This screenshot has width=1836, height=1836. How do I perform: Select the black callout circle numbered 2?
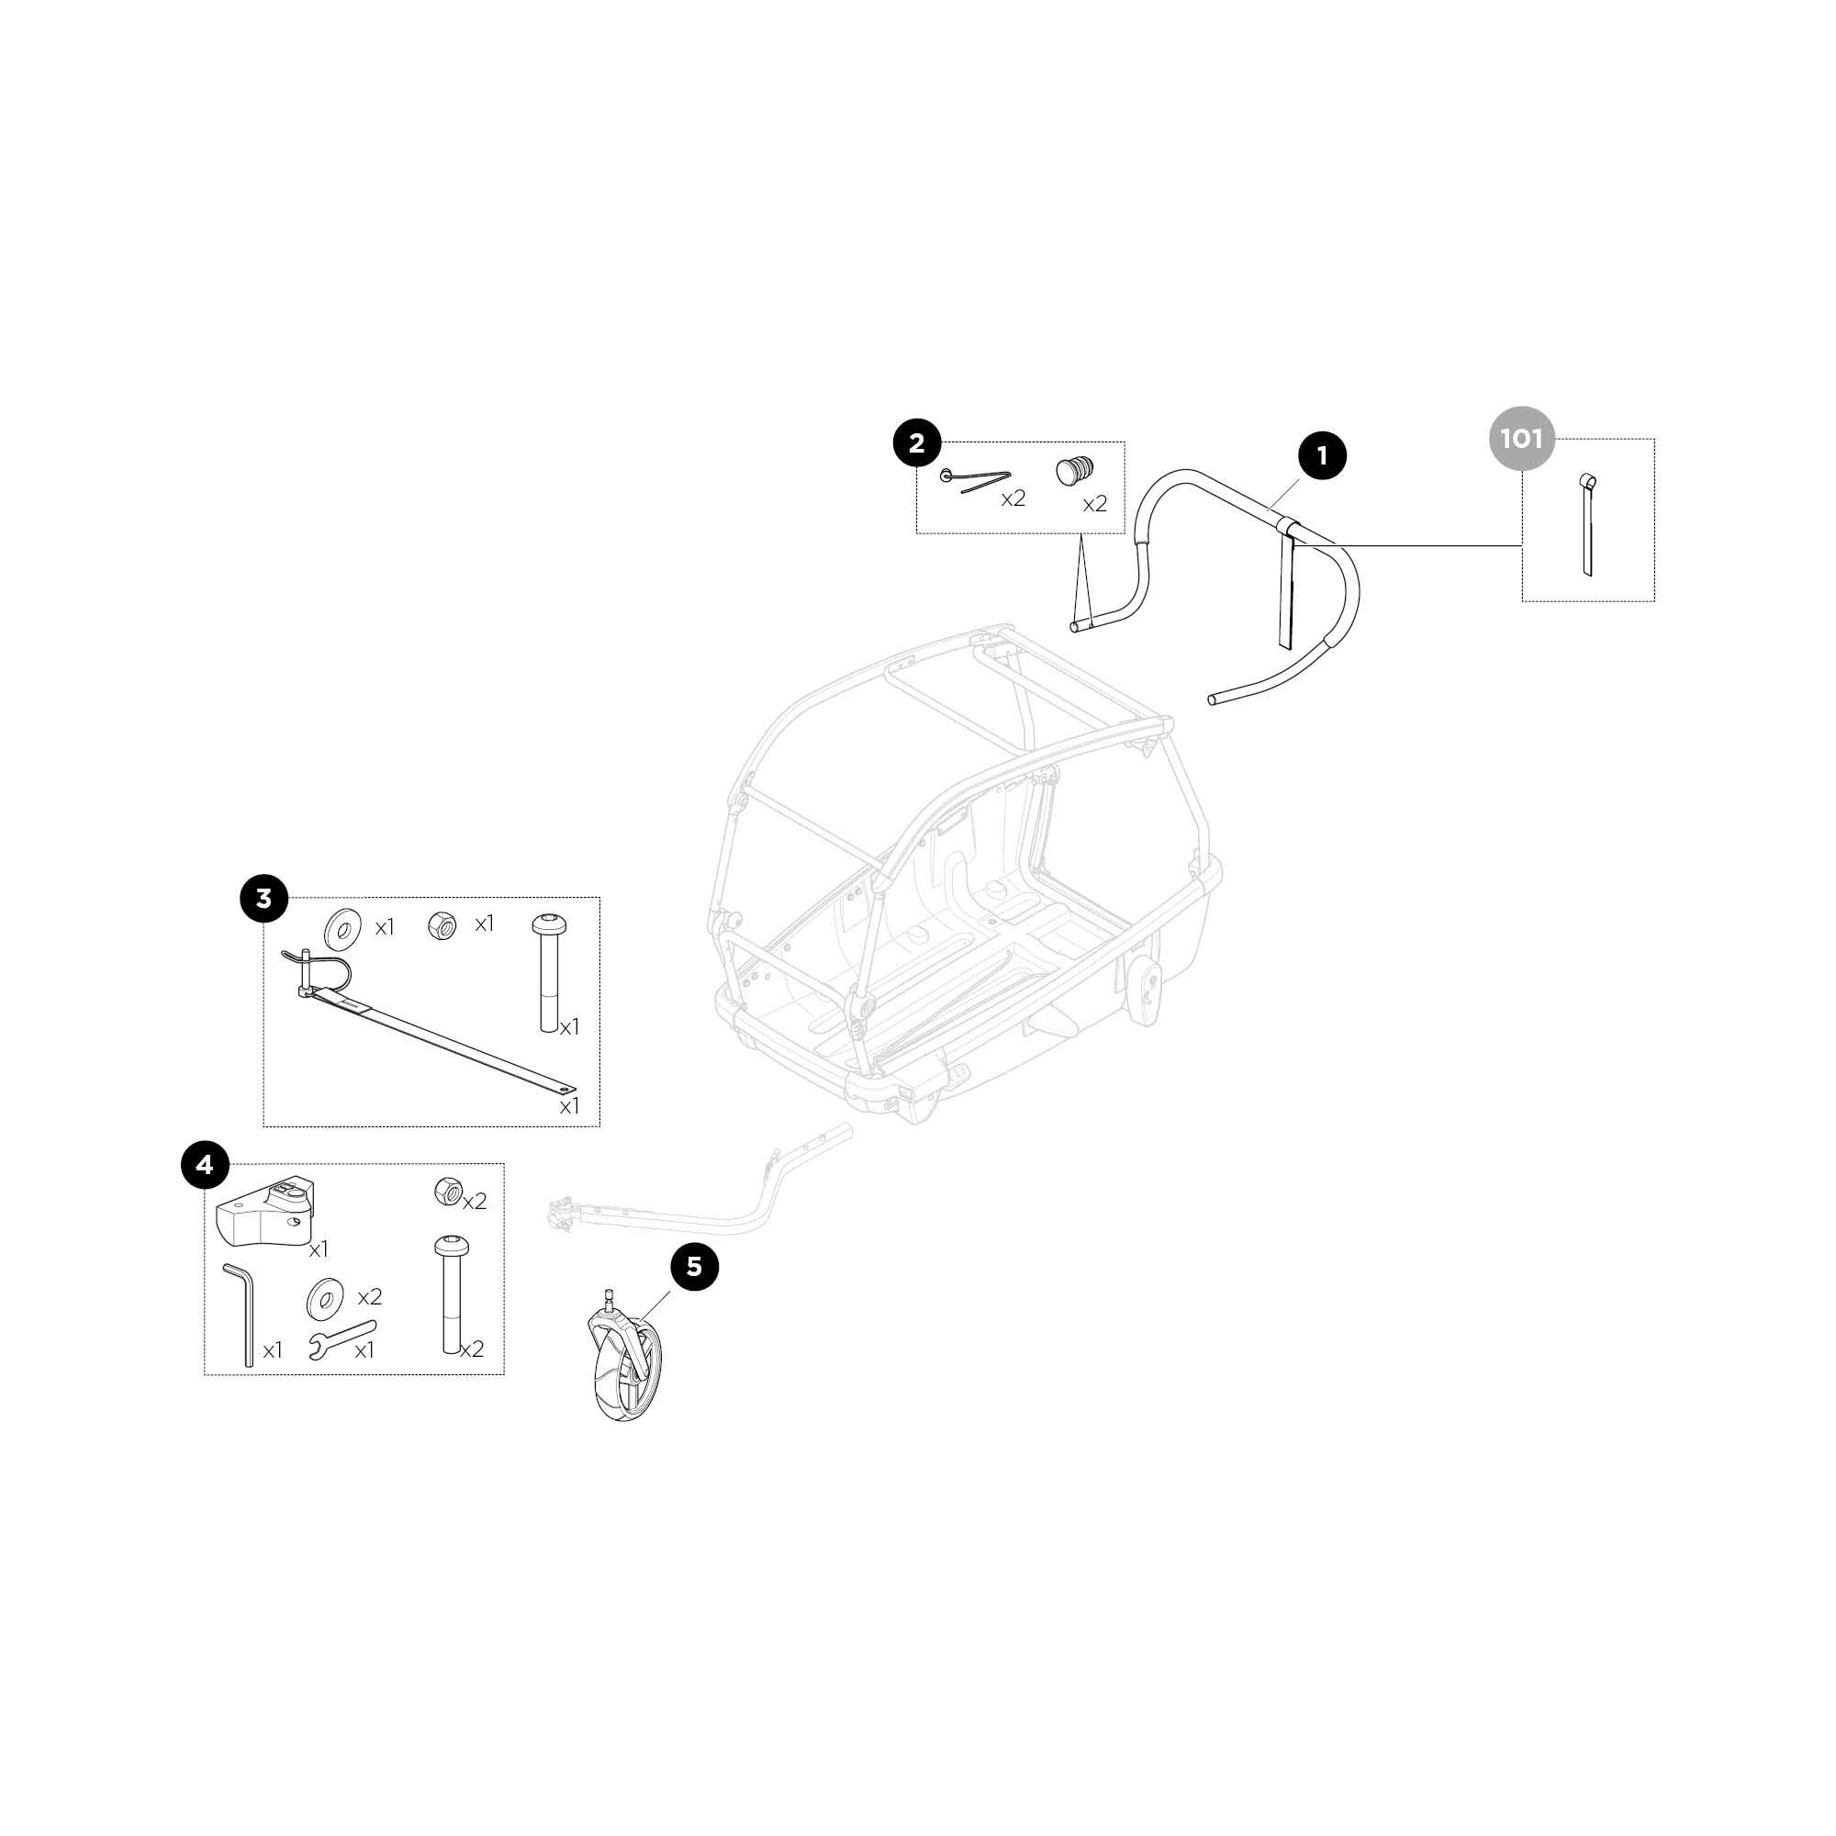point(917,442)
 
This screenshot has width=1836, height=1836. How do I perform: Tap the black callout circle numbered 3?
point(264,898)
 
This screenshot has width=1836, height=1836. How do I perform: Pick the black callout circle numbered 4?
point(206,1163)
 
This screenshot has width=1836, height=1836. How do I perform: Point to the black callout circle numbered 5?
point(695,1267)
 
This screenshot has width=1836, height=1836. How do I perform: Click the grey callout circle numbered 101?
point(1521,440)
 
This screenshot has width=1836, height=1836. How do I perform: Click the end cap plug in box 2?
point(1075,471)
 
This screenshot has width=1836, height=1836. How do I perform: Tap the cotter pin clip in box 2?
point(975,480)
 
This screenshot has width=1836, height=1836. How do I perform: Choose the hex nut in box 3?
point(442,924)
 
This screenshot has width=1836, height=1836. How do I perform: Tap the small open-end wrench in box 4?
point(343,1338)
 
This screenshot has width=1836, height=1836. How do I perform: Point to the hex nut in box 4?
point(447,1191)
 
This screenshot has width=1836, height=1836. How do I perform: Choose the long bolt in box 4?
point(451,1293)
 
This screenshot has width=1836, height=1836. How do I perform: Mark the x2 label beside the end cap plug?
point(1096,505)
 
